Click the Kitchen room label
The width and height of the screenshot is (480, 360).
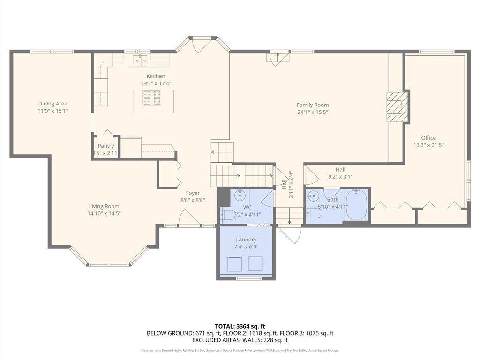pyautogui.click(x=156, y=76)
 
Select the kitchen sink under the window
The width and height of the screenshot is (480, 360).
pyautogui.click(x=139, y=60)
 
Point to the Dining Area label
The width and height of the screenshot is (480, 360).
pyautogui.click(x=52, y=104)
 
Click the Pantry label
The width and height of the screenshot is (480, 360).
pyautogui.click(x=105, y=146)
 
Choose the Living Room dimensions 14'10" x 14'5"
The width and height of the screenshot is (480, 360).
pyautogui.click(x=104, y=214)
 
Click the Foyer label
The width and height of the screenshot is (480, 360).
pyautogui.click(x=193, y=193)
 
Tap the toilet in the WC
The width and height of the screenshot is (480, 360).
pyautogui.click(x=229, y=215)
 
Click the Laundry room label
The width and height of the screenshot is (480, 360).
pyautogui.click(x=246, y=240)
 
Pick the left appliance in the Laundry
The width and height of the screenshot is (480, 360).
pyautogui.click(x=234, y=264)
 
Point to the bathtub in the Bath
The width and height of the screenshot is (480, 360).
pyautogui.click(x=357, y=205)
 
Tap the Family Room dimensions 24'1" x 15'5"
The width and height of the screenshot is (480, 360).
pyautogui.click(x=313, y=112)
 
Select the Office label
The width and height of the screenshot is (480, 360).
pyautogui.click(x=428, y=138)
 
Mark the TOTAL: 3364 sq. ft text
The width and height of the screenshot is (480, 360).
pyautogui.click(x=240, y=326)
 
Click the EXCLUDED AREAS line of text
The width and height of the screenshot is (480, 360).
pyautogui.click(x=240, y=340)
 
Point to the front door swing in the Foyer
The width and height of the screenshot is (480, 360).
pyautogui.click(x=189, y=217)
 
